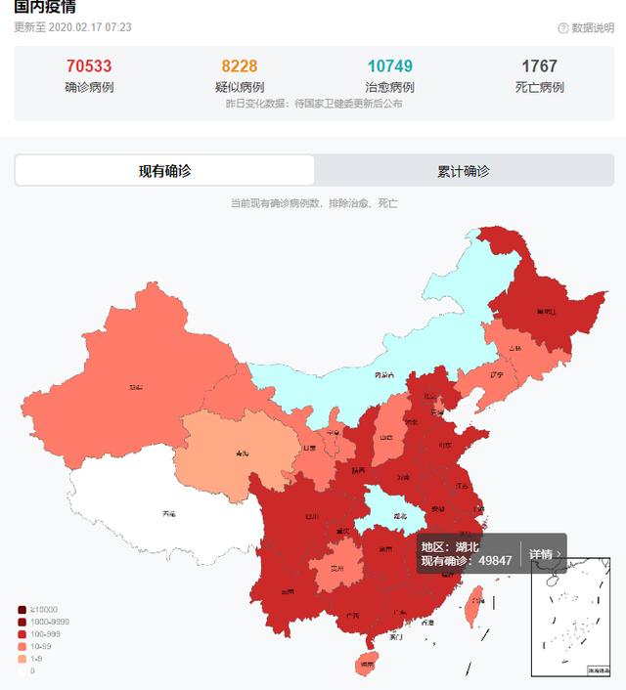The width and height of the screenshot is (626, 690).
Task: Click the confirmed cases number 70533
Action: [x=89, y=66]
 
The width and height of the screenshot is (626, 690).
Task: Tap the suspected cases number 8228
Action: [x=239, y=66]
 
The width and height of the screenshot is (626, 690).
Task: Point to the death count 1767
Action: [x=539, y=66]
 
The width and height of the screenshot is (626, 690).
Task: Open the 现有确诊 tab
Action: [x=164, y=171]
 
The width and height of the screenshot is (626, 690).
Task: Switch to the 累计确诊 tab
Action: [x=464, y=171]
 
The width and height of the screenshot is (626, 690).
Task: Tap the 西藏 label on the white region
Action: [x=169, y=514]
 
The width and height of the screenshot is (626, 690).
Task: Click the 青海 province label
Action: [x=242, y=453]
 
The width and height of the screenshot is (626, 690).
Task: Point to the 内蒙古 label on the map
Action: [x=384, y=374]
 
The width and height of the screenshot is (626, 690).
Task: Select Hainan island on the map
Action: [x=366, y=664]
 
